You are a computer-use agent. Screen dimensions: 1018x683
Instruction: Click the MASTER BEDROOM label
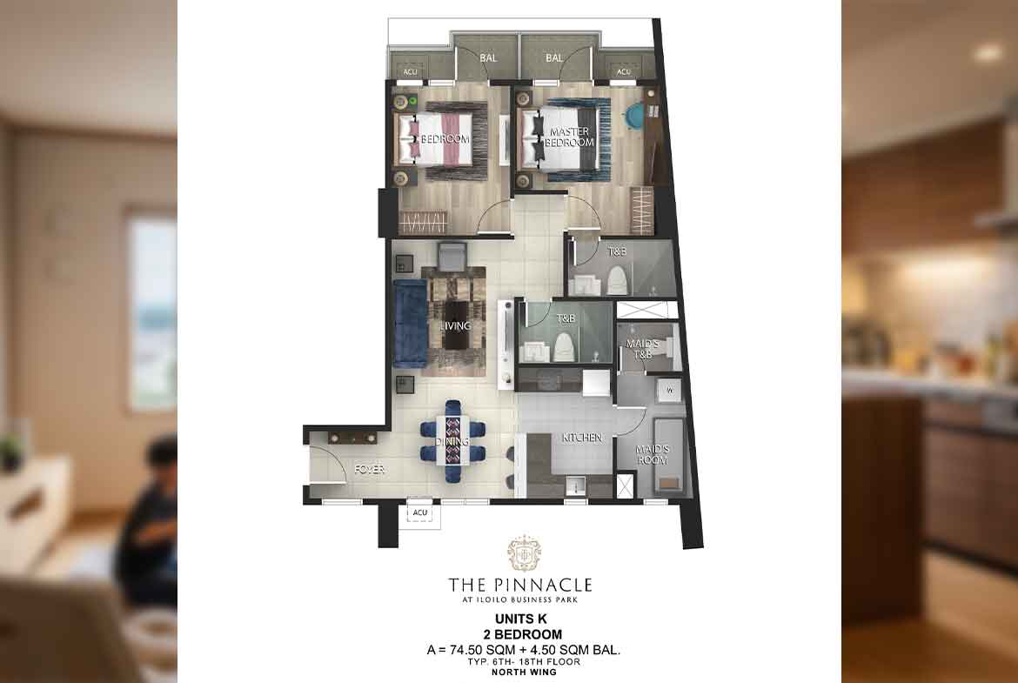click(569, 137)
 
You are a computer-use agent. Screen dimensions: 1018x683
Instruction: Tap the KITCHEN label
click(582, 438)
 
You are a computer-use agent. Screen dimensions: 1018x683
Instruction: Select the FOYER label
click(370, 469)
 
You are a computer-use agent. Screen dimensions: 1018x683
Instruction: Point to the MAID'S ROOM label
click(653, 454)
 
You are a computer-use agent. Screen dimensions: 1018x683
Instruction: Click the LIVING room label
click(455, 326)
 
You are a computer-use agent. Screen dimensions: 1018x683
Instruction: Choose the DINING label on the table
click(452, 441)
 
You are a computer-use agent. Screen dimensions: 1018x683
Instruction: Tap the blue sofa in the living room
click(411, 324)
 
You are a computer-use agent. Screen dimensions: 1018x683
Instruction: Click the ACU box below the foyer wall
click(420, 512)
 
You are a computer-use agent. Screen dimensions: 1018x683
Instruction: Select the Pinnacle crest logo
click(524, 553)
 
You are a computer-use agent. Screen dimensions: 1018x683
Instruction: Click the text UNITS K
click(520, 619)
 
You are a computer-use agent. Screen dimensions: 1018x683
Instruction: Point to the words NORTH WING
click(524, 672)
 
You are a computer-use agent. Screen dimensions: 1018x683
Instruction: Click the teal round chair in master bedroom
click(633, 116)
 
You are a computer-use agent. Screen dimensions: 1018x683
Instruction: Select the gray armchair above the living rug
click(452, 256)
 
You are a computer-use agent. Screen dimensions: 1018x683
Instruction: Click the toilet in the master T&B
click(618, 280)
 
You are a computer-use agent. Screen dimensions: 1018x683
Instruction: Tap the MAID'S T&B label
click(643, 349)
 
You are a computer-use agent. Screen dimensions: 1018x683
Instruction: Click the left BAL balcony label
click(488, 57)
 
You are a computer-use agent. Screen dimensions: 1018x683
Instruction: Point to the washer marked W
click(669, 391)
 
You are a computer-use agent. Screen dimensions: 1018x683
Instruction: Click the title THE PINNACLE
click(520, 585)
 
